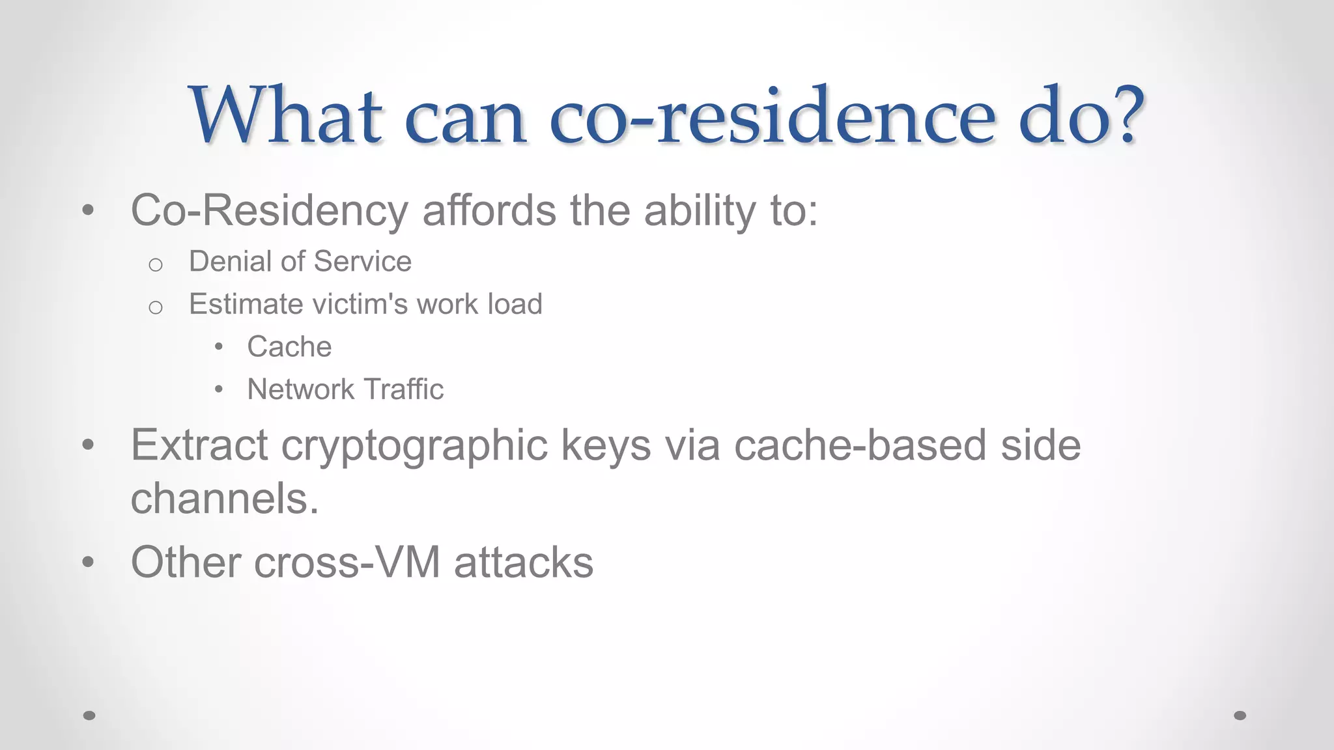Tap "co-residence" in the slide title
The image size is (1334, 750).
coord(772,116)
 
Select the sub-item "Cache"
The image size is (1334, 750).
coord(289,346)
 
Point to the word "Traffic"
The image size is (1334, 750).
coord(403,389)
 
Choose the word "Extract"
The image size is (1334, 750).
coord(199,445)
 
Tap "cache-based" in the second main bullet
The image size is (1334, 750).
coord(860,445)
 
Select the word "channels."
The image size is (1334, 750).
coord(225,499)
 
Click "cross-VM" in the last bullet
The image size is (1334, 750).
coord(347,562)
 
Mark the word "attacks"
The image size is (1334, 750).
coord(524,562)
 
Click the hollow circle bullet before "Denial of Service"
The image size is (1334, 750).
coord(155,264)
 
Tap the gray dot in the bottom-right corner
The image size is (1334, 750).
coord(1240,715)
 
